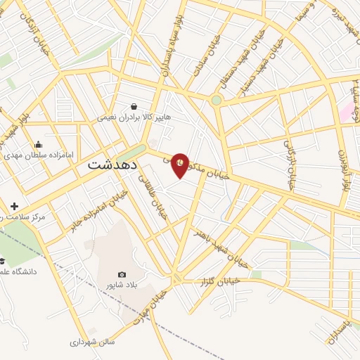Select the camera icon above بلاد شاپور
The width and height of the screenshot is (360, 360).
pyautogui.click(x=122, y=274)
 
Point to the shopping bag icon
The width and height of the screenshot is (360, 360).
pyautogui.click(x=134, y=107)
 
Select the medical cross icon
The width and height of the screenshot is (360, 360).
pyautogui.click(x=15, y=206)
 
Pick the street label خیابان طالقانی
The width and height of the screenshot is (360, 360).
pyautogui.click(x=159, y=200)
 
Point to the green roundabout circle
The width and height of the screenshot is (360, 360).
pyautogui.click(x=217, y=100)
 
